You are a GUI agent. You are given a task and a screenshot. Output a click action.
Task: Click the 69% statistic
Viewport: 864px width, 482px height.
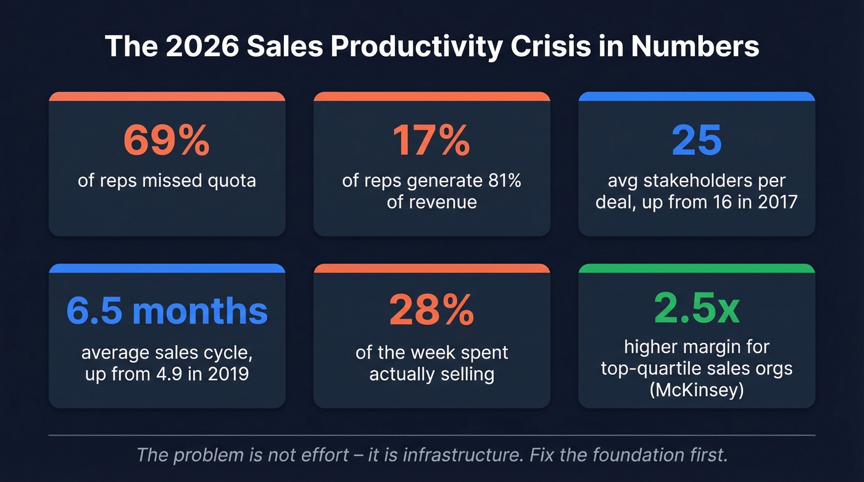[x=167, y=141]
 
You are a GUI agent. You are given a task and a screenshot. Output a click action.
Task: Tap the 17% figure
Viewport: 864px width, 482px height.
[x=431, y=141]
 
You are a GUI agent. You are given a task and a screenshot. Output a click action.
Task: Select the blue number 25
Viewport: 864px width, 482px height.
[x=696, y=141]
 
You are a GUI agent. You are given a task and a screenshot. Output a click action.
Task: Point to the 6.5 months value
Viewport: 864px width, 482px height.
[x=167, y=312]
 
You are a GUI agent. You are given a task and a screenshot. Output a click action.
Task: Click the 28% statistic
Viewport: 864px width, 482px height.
[x=431, y=312]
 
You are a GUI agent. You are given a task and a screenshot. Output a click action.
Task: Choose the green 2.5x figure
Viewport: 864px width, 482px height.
[x=696, y=310]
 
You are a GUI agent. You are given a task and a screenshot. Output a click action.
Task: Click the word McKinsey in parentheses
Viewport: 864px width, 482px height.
[x=696, y=389]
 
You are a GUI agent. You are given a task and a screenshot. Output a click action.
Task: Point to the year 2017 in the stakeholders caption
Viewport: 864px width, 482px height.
[x=776, y=201]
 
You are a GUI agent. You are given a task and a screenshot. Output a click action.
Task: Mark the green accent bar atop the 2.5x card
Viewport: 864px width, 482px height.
[x=696, y=268]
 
